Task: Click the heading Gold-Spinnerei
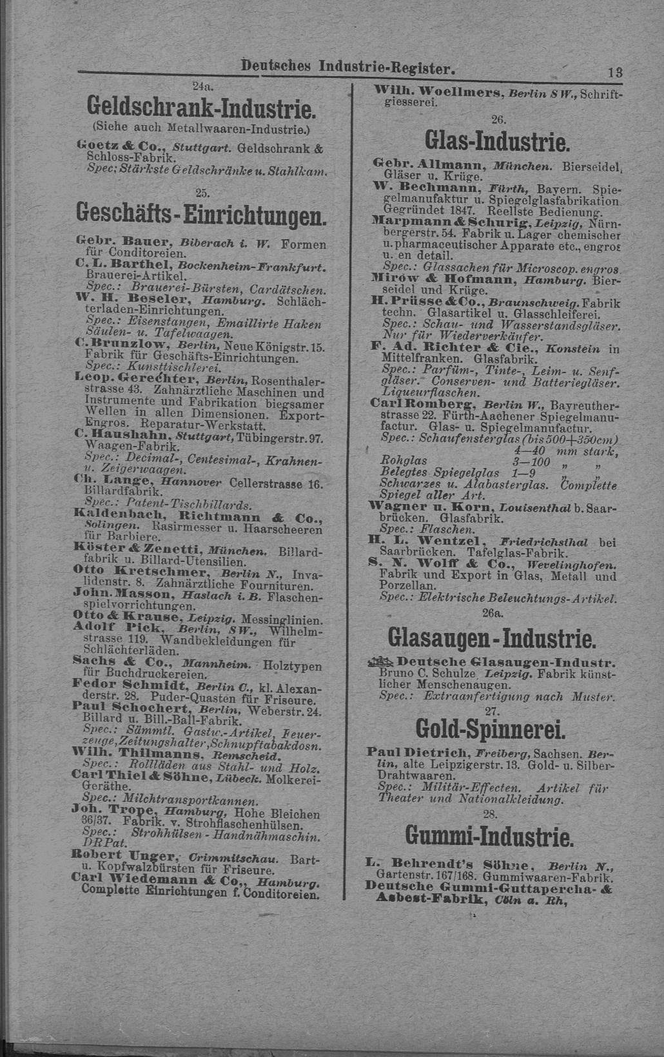pos(492,729)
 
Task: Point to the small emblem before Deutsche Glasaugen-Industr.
pos(380,661)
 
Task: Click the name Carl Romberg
pos(405,404)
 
